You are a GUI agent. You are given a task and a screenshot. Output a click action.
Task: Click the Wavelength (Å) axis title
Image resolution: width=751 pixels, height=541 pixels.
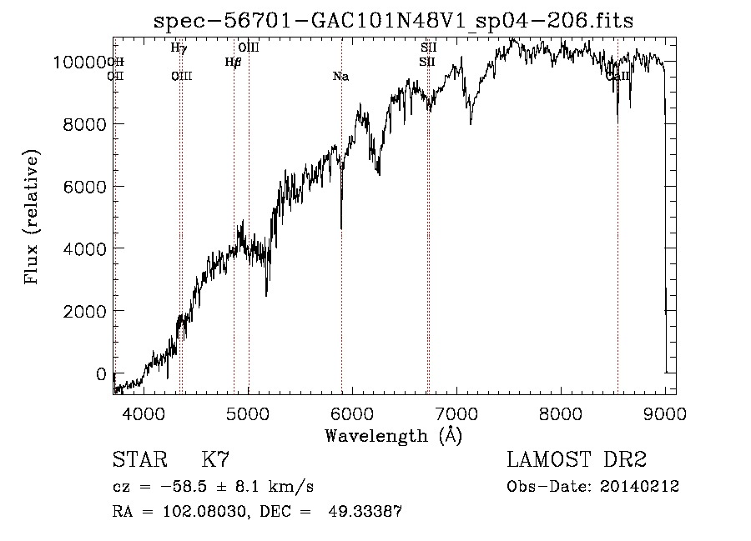click(393, 435)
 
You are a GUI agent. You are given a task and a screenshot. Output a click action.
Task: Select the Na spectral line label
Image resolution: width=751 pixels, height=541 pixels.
click(340, 77)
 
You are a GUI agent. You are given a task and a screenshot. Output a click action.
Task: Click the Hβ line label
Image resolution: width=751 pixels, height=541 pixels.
click(233, 62)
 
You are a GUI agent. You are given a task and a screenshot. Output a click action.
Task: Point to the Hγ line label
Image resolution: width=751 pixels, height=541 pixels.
click(179, 48)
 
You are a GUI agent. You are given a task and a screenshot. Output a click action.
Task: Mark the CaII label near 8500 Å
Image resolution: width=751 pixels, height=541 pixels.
click(618, 77)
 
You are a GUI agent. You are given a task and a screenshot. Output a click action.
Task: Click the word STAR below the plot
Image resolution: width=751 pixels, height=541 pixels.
click(139, 459)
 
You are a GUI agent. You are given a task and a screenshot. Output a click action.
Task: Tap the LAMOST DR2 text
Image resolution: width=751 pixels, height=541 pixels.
click(577, 459)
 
